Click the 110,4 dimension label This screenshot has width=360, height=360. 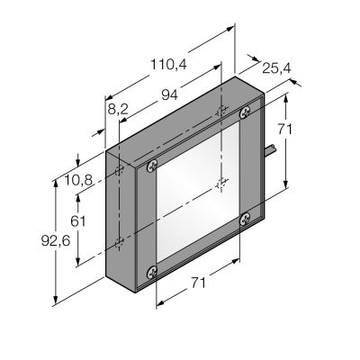coord(168,64)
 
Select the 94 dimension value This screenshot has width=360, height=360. coord(170,95)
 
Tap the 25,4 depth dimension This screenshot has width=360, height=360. coord(276,68)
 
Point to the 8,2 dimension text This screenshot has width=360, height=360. coord(118,109)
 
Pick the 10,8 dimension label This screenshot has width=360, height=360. coord(78,180)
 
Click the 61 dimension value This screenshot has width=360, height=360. coord(78,221)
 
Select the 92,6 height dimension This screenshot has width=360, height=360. coord(56,240)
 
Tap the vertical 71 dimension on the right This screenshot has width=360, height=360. coord(284,130)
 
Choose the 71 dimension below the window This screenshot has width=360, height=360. coord(198,283)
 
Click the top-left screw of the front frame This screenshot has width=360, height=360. coord(152,166)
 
